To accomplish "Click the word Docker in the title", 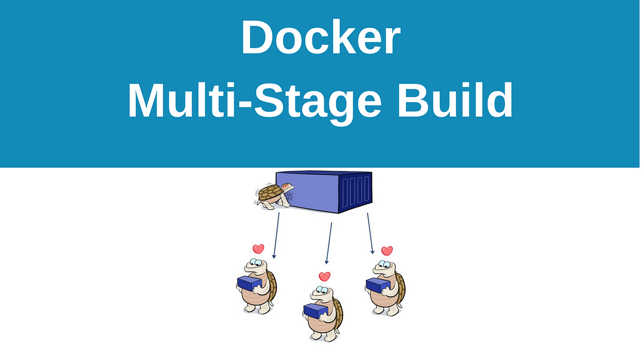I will [320, 39].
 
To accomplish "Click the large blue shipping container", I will [321, 192].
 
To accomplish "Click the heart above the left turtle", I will [258, 249].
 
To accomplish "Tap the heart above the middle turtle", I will [324, 277].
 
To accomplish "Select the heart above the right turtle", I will [387, 250].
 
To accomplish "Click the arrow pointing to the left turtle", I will [276, 235].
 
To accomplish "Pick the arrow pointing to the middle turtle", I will [329, 243].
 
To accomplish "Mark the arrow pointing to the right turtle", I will [370, 233].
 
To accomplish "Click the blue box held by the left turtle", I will [249, 284].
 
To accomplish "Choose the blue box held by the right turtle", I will [378, 285].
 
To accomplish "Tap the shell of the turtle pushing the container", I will [267, 192].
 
